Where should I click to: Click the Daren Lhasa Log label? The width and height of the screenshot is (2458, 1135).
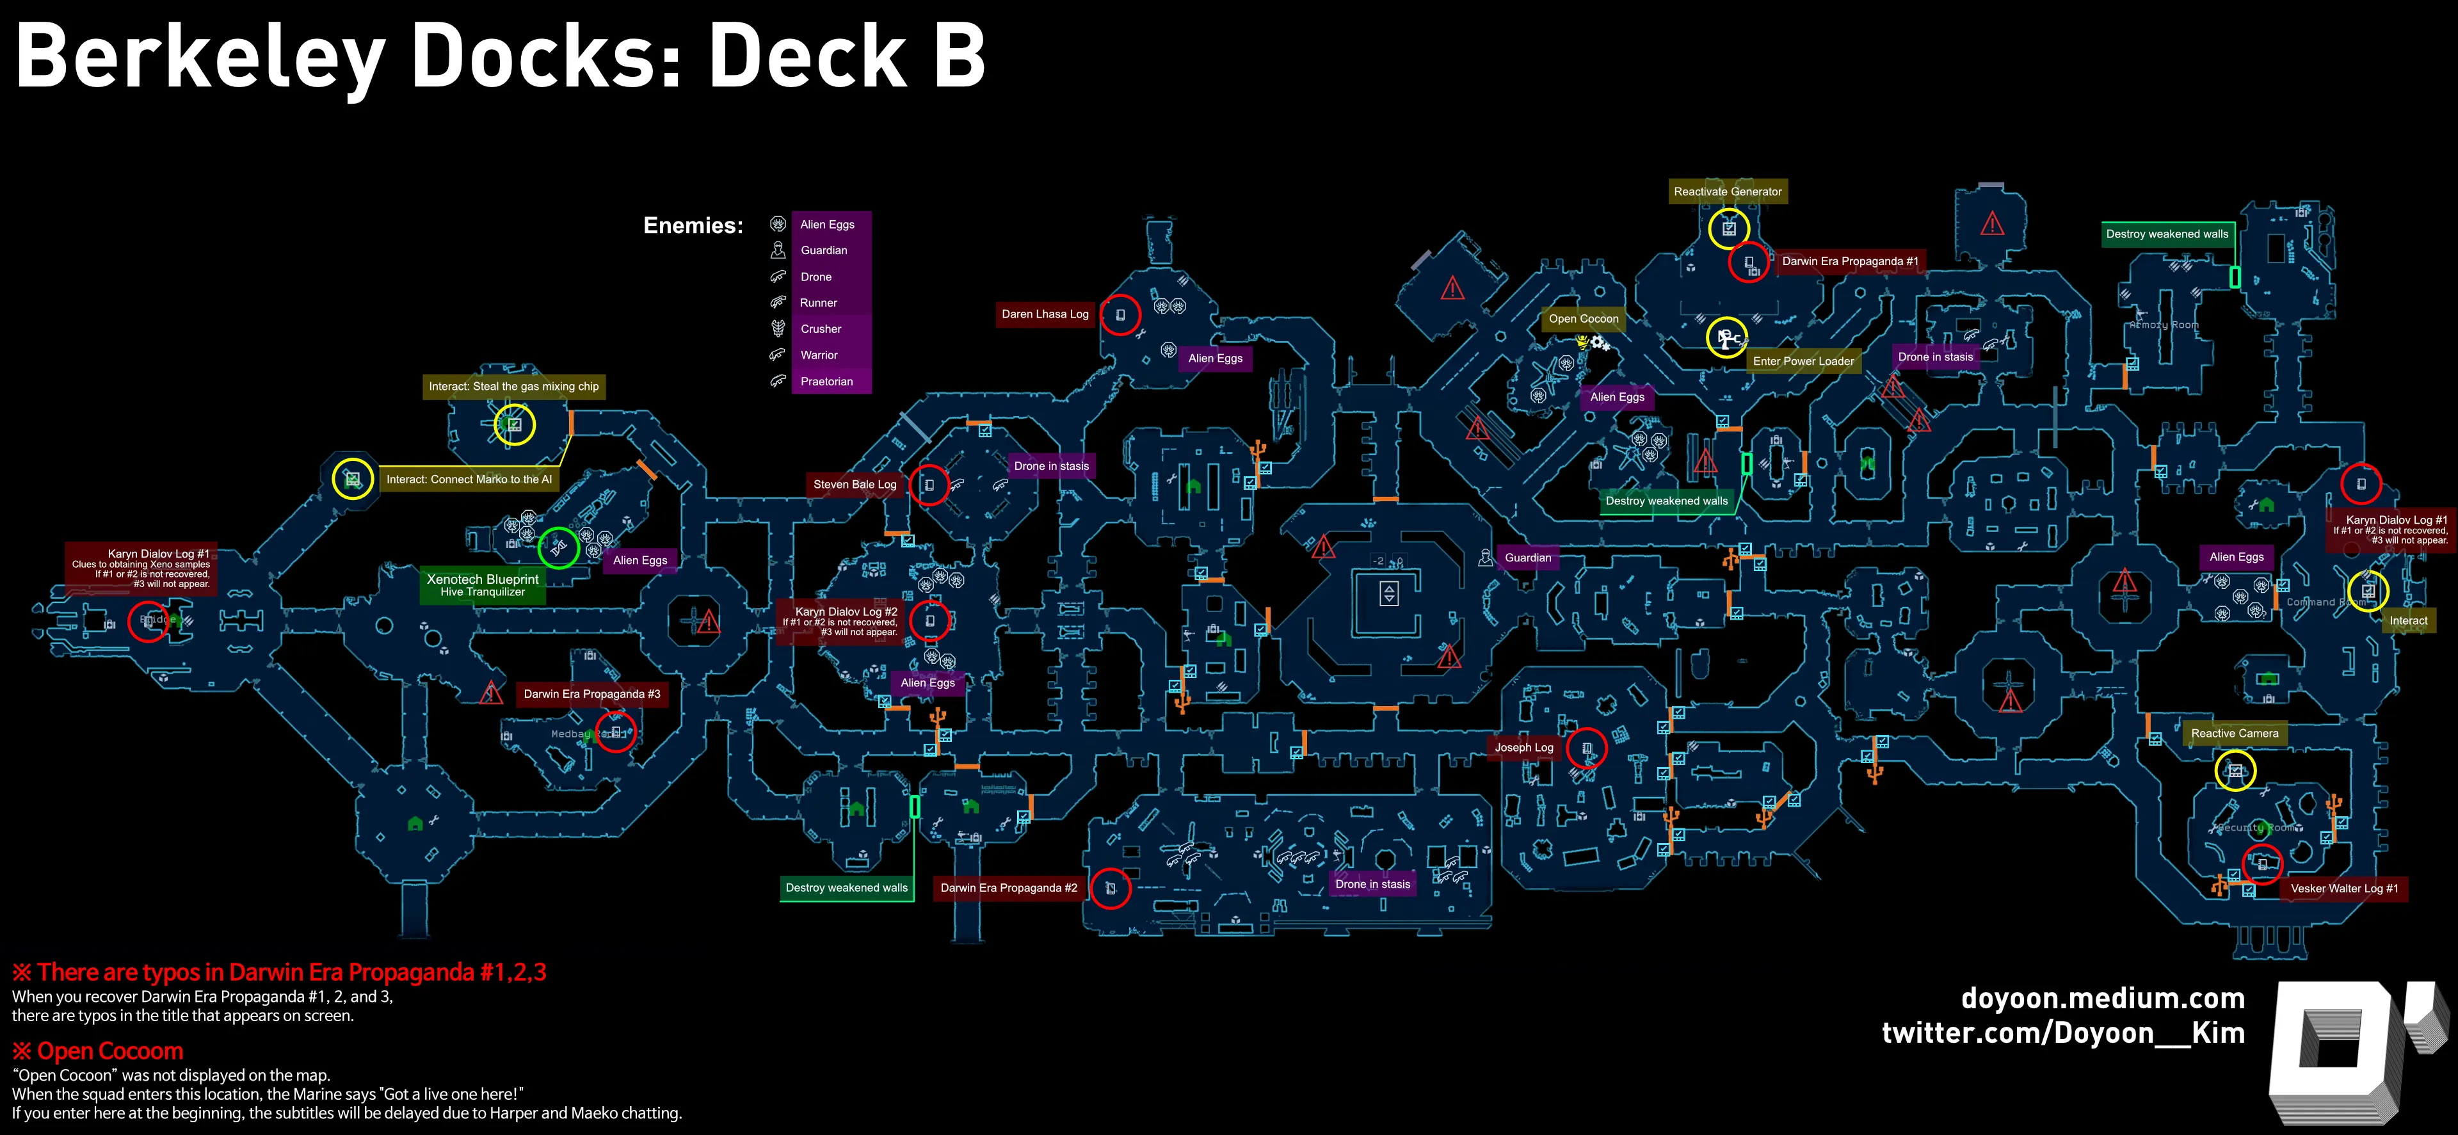click(x=1045, y=314)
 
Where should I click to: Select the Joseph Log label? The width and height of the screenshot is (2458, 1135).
click(x=1524, y=748)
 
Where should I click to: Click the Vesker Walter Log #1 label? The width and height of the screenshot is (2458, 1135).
click(x=2343, y=889)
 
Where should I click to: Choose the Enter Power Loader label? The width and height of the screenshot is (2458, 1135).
click(x=1803, y=362)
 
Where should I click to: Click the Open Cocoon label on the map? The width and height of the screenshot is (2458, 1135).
click(x=1583, y=319)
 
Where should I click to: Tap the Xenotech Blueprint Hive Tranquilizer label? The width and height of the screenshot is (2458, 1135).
click(x=482, y=585)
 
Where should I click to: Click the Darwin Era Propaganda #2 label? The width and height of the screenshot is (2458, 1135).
click(x=1009, y=888)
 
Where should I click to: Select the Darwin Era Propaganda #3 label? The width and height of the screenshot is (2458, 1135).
click(x=591, y=694)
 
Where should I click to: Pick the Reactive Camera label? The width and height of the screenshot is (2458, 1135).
click(x=2234, y=733)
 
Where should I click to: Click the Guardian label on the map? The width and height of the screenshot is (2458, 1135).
click(x=1528, y=558)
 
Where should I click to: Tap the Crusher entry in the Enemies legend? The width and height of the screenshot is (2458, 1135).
click(x=821, y=329)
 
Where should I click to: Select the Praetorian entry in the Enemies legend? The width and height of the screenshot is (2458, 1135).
click(x=826, y=382)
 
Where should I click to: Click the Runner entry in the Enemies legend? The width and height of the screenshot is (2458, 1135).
click(x=818, y=303)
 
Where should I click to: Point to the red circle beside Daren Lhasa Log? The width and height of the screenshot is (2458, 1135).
click(x=1120, y=314)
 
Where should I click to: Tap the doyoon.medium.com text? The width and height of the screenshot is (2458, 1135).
click(x=2102, y=999)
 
